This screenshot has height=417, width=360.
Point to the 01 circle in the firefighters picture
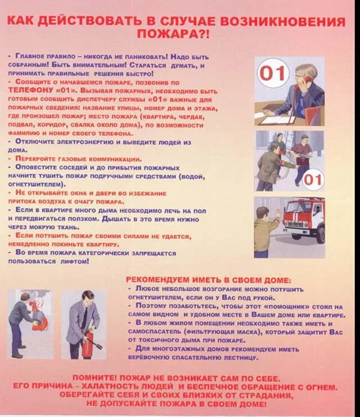314,180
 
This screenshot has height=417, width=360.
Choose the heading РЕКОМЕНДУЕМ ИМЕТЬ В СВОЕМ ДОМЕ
209,279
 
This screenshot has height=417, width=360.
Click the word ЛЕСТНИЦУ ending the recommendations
238,357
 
